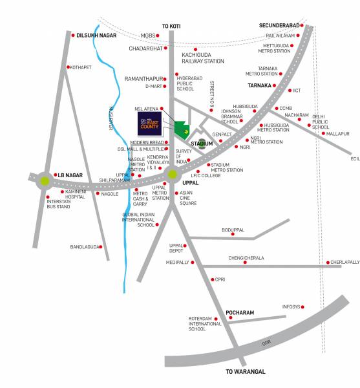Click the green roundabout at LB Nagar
point(45,181)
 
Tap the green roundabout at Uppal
point(172,173)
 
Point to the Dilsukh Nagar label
point(96,36)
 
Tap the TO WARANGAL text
point(246,372)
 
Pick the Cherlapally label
point(344,262)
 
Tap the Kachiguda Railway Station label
point(203,58)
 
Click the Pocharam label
point(240,313)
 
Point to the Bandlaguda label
point(85,246)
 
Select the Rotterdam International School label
point(206,323)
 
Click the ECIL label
point(355,158)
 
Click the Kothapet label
point(81,67)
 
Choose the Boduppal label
point(233,230)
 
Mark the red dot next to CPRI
point(211,279)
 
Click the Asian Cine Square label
point(188,198)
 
